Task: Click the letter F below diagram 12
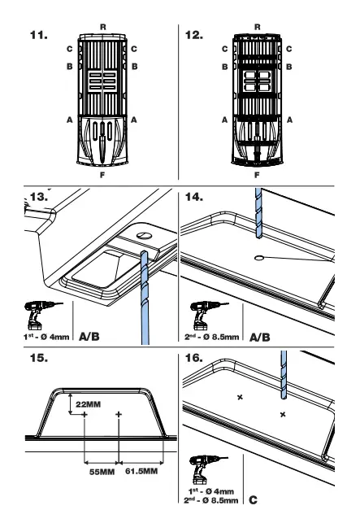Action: (x=257, y=173)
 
